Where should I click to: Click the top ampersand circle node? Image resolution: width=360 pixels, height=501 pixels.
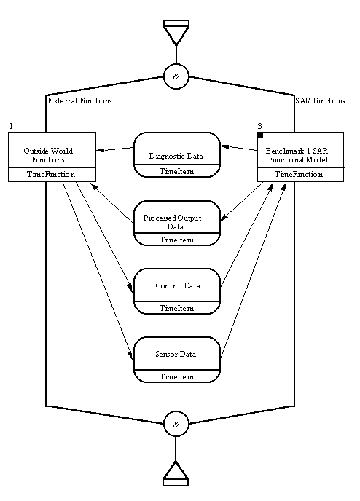176,76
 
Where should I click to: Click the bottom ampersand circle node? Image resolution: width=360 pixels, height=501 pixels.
176,425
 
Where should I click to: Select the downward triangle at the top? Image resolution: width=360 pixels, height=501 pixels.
176,32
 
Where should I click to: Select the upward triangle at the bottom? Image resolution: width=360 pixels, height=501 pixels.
176,473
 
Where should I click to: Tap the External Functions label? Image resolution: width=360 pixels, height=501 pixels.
80,100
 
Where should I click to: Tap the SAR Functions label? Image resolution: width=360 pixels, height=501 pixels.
321,100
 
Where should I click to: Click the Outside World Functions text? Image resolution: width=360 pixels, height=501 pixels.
48,155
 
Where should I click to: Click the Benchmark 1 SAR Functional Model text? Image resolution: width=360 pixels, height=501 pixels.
297,155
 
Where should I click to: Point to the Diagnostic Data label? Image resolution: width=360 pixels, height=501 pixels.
176,157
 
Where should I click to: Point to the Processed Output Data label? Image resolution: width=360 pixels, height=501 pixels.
172,222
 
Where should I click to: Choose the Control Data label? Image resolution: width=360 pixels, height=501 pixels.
178,285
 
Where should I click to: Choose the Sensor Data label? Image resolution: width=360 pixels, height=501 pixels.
176,354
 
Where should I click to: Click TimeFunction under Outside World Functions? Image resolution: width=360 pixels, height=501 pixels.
51,174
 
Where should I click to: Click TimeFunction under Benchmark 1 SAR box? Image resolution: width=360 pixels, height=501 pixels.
299,174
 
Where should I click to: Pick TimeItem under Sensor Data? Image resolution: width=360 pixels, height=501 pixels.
177,376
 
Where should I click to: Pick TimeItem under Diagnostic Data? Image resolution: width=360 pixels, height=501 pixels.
177,171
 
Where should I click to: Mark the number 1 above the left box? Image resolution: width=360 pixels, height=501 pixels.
11,126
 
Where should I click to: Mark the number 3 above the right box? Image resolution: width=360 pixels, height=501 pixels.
259,126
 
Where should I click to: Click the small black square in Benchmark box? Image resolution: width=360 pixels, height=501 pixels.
260,135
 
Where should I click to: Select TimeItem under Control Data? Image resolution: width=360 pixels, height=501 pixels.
177,308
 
